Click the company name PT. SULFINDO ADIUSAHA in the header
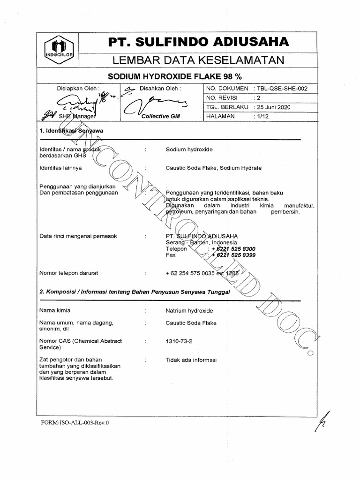point(199,42)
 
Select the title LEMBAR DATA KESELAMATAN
point(199,60)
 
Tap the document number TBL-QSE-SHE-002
point(280,89)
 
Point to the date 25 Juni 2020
point(271,107)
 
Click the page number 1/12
point(259,116)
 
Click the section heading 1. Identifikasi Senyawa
point(71,131)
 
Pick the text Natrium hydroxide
point(189,310)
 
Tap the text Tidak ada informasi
point(191,360)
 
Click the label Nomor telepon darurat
point(69,273)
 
